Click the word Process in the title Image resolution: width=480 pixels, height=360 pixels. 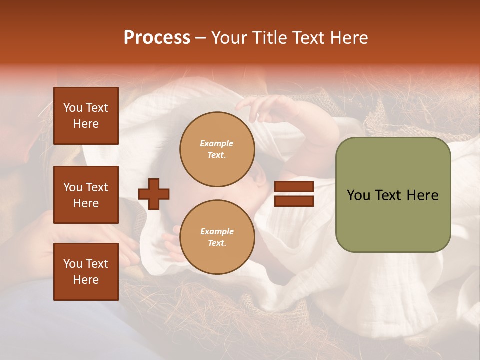pos(157,38)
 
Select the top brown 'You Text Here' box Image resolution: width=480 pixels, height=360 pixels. pos(86,116)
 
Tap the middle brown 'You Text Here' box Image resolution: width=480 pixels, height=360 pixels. pos(86,195)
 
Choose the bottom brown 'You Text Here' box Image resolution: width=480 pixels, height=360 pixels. pos(86,272)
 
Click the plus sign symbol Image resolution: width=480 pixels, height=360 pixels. pos(154,194)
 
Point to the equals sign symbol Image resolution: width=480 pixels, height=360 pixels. pos(294,194)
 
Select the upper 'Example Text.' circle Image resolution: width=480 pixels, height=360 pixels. pos(217,149)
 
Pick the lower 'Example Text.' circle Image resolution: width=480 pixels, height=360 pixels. pos(217,237)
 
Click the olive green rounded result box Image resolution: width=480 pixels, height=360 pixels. pos(393,195)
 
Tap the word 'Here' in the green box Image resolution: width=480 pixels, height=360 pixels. pos(422,195)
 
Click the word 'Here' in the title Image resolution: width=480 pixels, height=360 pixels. pos(350,38)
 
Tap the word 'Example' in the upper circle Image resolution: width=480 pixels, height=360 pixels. pos(217,143)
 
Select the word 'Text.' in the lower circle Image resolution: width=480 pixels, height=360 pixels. pos(217,243)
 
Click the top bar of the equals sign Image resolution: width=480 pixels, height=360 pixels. pos(294,187)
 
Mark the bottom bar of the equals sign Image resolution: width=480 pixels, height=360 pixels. pos(294,201)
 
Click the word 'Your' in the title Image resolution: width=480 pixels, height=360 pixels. pos(229,38)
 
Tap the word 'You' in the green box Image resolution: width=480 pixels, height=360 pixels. pos(359,195)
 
